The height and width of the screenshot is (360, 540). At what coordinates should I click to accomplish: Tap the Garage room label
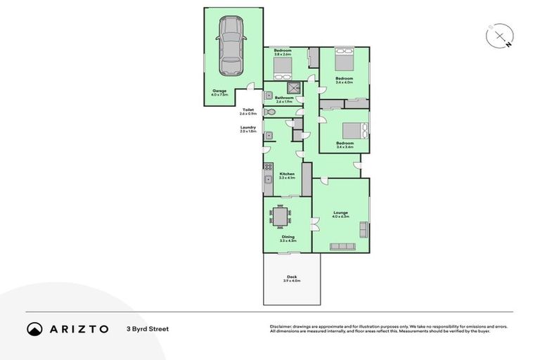(219, 92)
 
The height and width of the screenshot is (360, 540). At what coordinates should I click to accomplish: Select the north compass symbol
(499, 36)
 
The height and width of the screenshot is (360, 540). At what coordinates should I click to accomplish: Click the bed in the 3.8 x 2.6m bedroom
(283, 67)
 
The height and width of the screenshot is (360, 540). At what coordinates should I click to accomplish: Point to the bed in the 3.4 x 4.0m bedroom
(345, 55)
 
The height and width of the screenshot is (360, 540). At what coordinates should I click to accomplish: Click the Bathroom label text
(283, 98)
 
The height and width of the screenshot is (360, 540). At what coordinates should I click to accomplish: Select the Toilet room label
(247, 111)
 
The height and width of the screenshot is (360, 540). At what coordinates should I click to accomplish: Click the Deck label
(291, 277)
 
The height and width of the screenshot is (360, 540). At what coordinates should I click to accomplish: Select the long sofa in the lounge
(342, 246)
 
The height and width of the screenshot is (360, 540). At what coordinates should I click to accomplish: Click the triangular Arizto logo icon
(34, 328)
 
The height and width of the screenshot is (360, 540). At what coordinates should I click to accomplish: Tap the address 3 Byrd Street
(148, 328)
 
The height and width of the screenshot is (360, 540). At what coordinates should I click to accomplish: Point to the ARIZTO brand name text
(79, 328)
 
